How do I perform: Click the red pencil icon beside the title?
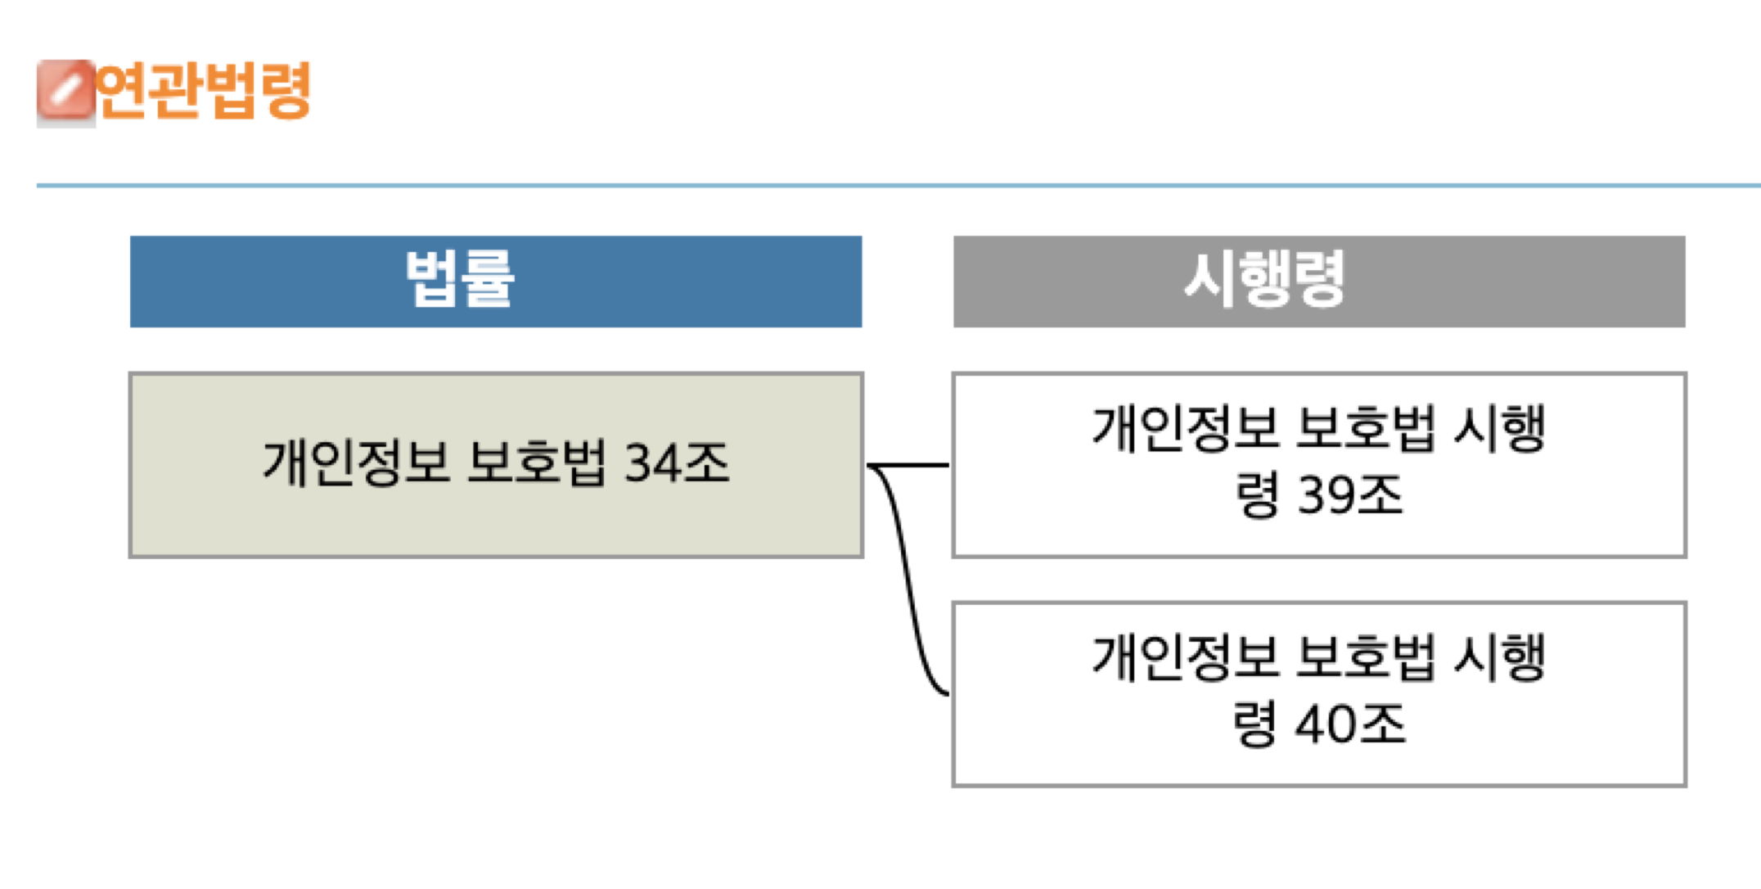pos(65,92)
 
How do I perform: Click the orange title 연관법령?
pos(204,90)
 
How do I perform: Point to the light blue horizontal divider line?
pos(900,186)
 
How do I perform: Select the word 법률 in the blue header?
pos(460,280)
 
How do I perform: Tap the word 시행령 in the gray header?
pos(1264,280)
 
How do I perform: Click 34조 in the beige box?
pos(676,463)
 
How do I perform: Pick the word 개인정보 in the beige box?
pos(356,463)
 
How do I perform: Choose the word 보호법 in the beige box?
pos(536,463)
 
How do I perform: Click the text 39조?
pos(1350,496)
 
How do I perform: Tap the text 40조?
pos(1350,725)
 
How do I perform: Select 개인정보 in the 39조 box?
pos(1185,429)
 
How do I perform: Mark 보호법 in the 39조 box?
pos(1367,429)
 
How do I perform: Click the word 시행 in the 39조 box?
pos(1499,429)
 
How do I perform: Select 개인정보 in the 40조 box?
pos(1185,658)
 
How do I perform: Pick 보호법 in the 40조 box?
pos(1367,658)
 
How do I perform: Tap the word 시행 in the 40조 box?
pos(1499,658)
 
